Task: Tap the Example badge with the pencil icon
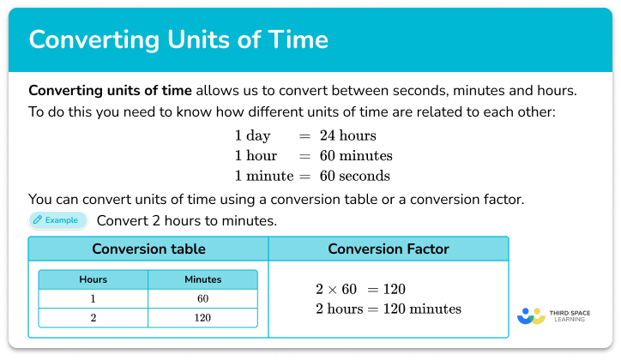57,220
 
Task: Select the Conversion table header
148,249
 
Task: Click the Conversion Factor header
388,249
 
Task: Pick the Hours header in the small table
93,279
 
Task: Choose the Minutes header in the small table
202,279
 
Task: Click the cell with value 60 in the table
202,297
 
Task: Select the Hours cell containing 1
93,297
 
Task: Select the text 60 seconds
353,177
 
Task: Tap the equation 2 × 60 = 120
360,289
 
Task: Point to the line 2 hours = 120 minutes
389,309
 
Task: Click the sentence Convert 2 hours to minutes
186,220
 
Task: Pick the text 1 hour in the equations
256,156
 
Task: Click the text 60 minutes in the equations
354,156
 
